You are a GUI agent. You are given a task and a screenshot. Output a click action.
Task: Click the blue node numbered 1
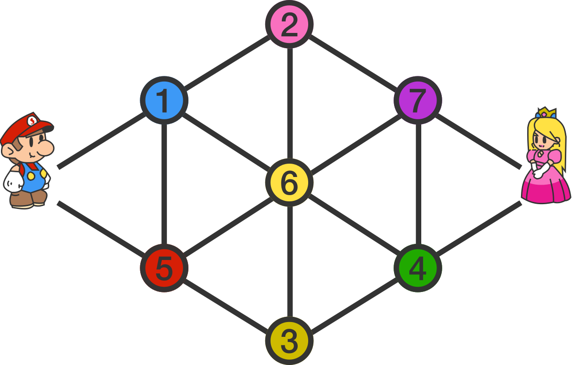point(164,100)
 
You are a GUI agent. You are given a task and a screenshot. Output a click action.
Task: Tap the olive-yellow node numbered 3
point(289,340)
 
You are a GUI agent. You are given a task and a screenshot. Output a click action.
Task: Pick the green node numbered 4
point(417,268)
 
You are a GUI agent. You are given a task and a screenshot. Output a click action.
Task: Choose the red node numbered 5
point(164,268)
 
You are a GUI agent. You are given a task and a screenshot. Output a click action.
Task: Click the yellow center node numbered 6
point(289,182)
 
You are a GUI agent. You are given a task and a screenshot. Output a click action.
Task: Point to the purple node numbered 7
point(417,100)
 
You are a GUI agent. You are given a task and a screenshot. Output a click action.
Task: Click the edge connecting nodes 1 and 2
point(227,62)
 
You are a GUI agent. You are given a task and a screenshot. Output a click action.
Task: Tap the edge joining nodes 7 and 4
point(418,184)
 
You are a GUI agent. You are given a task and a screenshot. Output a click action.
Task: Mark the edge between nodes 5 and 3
point(227,304)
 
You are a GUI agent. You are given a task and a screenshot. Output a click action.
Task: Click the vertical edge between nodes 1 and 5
point(164,184)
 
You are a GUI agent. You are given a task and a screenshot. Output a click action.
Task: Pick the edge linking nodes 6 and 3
point(289,261)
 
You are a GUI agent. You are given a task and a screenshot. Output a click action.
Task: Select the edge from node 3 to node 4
point(353,304)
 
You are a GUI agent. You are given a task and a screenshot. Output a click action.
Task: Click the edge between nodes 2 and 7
point(353,62)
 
